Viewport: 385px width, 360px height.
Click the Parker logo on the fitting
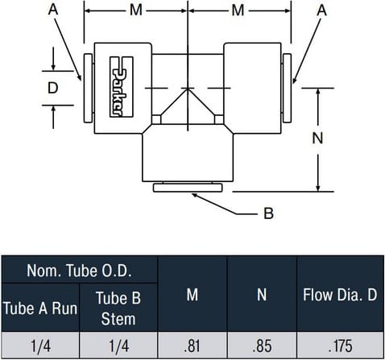122,87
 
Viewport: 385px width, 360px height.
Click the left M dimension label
136,10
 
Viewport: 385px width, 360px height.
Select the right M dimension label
238,10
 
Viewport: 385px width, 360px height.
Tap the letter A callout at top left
53,10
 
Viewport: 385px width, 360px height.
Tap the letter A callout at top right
322,10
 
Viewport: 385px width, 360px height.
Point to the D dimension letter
52,88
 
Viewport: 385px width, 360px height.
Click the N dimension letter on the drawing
317,139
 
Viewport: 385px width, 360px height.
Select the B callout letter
268,213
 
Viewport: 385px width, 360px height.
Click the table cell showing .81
192,346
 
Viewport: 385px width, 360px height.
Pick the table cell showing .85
262,346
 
